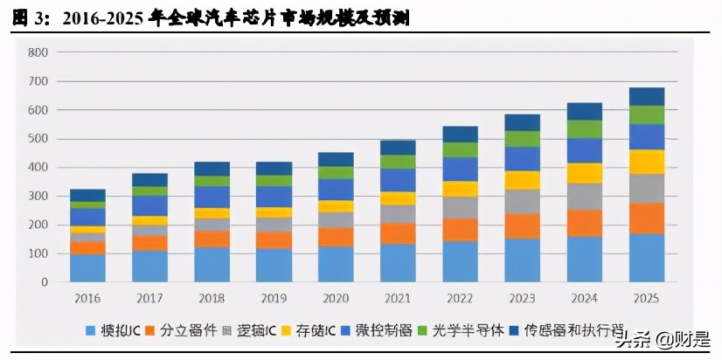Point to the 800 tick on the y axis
(38, 52)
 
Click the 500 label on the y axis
(38, 139)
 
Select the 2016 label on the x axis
(87, 299)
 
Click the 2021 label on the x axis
(398, 299)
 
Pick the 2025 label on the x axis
(646, 299)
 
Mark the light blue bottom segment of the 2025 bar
(646, 258)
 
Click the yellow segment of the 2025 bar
(646, 162)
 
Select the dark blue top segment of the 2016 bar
(87, 195)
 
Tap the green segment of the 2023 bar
(522, 138)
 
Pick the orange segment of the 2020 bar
(336, 237)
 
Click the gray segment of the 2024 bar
(584, 196)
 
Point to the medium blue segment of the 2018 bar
(212, 197)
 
